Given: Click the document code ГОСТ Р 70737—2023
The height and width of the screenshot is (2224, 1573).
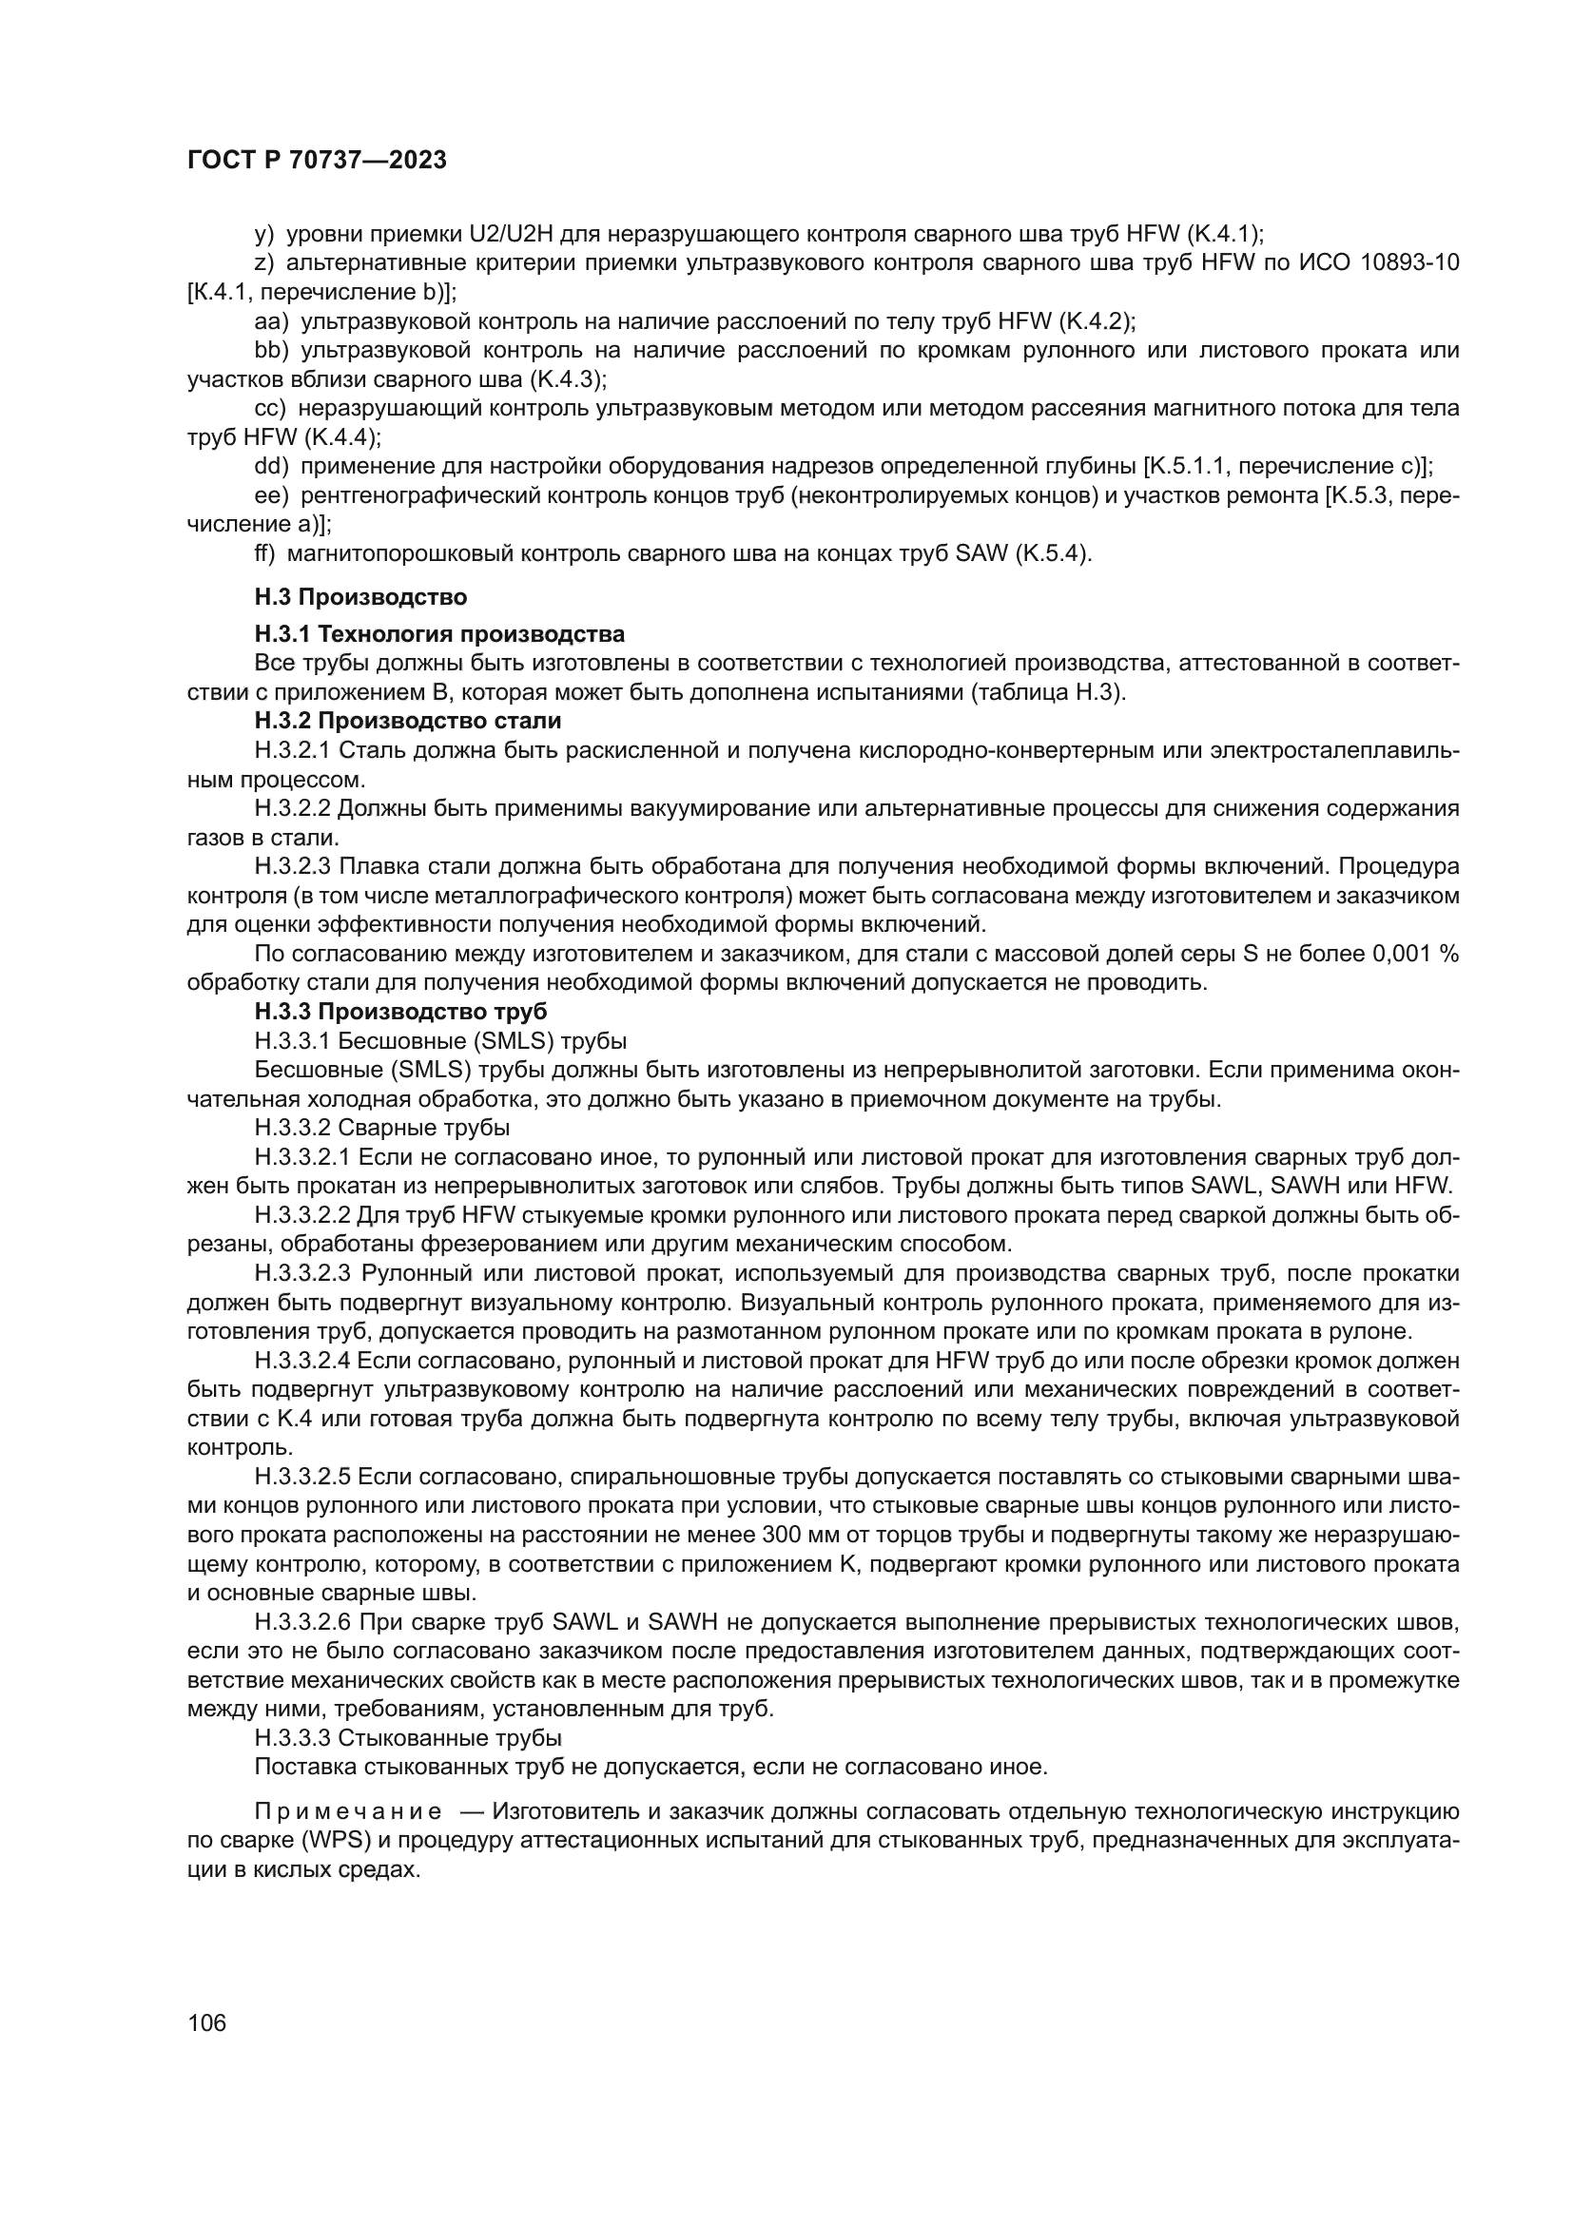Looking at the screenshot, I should click(x=317, y=161).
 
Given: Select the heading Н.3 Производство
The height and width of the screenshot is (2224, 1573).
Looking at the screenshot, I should click(x=360, y=597).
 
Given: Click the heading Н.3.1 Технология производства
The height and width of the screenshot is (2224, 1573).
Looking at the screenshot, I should click(x=438, y=634).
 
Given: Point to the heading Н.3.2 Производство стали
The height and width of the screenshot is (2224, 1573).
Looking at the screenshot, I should click(x=408, y=722).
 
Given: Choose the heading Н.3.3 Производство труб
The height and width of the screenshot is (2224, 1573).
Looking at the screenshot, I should click(x=401, y=1013).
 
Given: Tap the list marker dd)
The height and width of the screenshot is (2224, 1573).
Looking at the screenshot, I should click(x=271, y=467).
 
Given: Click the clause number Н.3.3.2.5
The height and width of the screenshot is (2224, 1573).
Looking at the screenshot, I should click(x=302, y=1478).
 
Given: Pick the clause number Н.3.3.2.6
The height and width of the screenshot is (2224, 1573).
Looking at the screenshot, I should click(x=302, y=1622).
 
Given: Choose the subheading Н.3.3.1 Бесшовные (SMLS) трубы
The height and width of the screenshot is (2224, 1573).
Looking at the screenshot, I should click(x=439, y=1041).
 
